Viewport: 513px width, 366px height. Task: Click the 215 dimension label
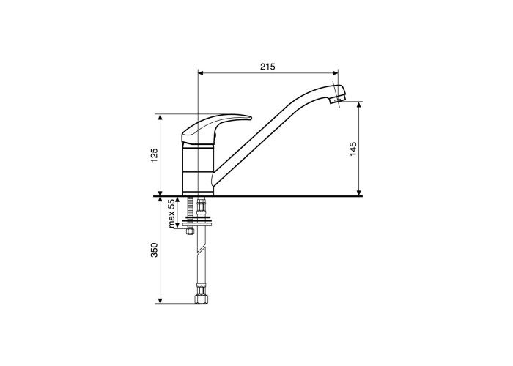tap(267, 67)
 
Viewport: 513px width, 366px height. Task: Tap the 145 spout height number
tap(353, 149)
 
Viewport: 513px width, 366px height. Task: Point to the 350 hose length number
tap(155, 250)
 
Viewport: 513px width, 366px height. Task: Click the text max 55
tap(171, 214)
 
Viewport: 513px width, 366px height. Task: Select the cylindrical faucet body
tap(198, 170)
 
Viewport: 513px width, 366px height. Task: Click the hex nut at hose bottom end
tap(202, 298)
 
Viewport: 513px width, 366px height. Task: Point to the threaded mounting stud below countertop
tap(189, 207)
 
